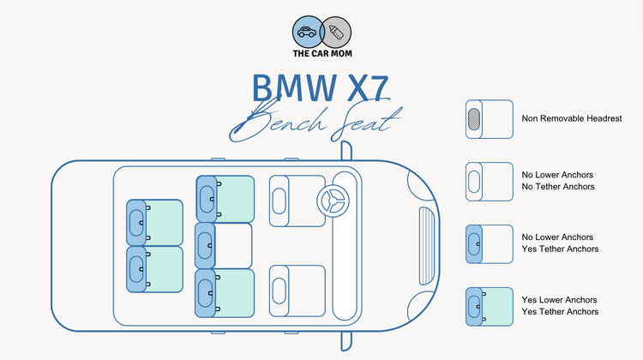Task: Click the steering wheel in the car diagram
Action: [x=333, y=201]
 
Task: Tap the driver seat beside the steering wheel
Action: [x=296, y=201]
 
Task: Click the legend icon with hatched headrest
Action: [x=489, y=118]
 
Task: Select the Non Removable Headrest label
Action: [x=571, y=118]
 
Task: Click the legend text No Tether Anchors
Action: [x=558, y=186]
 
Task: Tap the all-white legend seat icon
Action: [x=489, y=181]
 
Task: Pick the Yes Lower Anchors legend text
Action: [x=558, y=300]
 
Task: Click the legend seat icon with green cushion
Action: [x=489, y=306]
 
